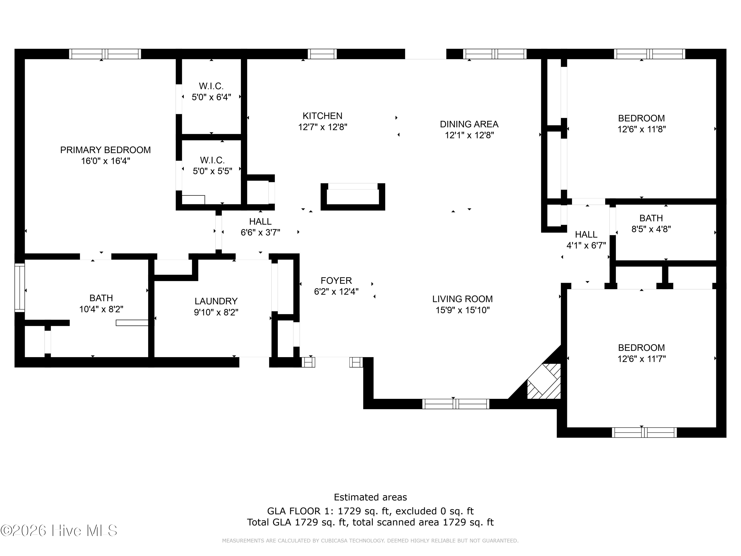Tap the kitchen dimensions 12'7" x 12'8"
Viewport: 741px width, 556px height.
[x=323, y=127]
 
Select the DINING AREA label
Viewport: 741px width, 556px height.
[x=469, y=124]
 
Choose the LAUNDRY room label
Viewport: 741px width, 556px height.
[x=216, y=301]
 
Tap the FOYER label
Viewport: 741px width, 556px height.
[x=336, y=280]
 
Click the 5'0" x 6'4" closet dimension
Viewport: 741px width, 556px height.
[x=211, y=97]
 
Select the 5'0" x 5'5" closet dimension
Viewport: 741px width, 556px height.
[x=212, y=171]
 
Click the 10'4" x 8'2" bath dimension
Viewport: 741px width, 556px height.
[x=101, y=309]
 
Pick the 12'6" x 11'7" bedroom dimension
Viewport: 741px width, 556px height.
[x=641, y=359]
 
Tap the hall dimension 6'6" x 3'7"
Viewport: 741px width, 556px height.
[x=260, y=232]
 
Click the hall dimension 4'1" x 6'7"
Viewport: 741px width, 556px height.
[x=586, y=245]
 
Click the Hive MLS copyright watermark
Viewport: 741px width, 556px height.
[x=59, y=531]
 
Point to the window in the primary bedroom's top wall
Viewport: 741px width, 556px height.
[x=105, y=54]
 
